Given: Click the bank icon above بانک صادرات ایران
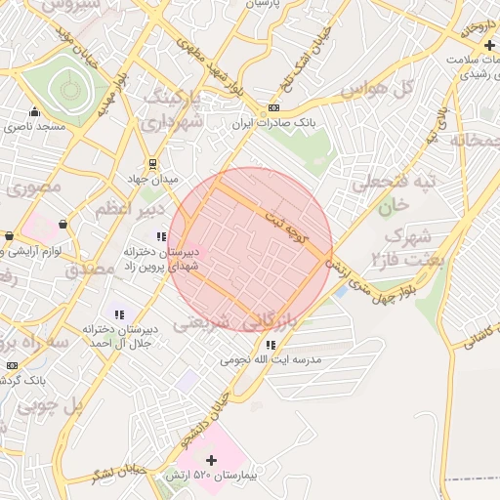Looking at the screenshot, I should coord(273,108).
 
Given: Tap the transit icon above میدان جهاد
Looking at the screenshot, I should coord(152,164).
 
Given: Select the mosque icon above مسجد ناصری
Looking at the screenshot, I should coord(35,112).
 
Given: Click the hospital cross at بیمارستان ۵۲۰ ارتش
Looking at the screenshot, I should coord(211,459).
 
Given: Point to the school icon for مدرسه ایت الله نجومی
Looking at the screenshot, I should coord(271,345).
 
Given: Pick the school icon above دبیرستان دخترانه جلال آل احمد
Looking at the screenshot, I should coord(119,314).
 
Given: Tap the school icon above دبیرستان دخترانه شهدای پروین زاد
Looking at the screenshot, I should coord(161,236).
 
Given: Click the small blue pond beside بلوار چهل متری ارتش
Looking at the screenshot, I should coord(340,290).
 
